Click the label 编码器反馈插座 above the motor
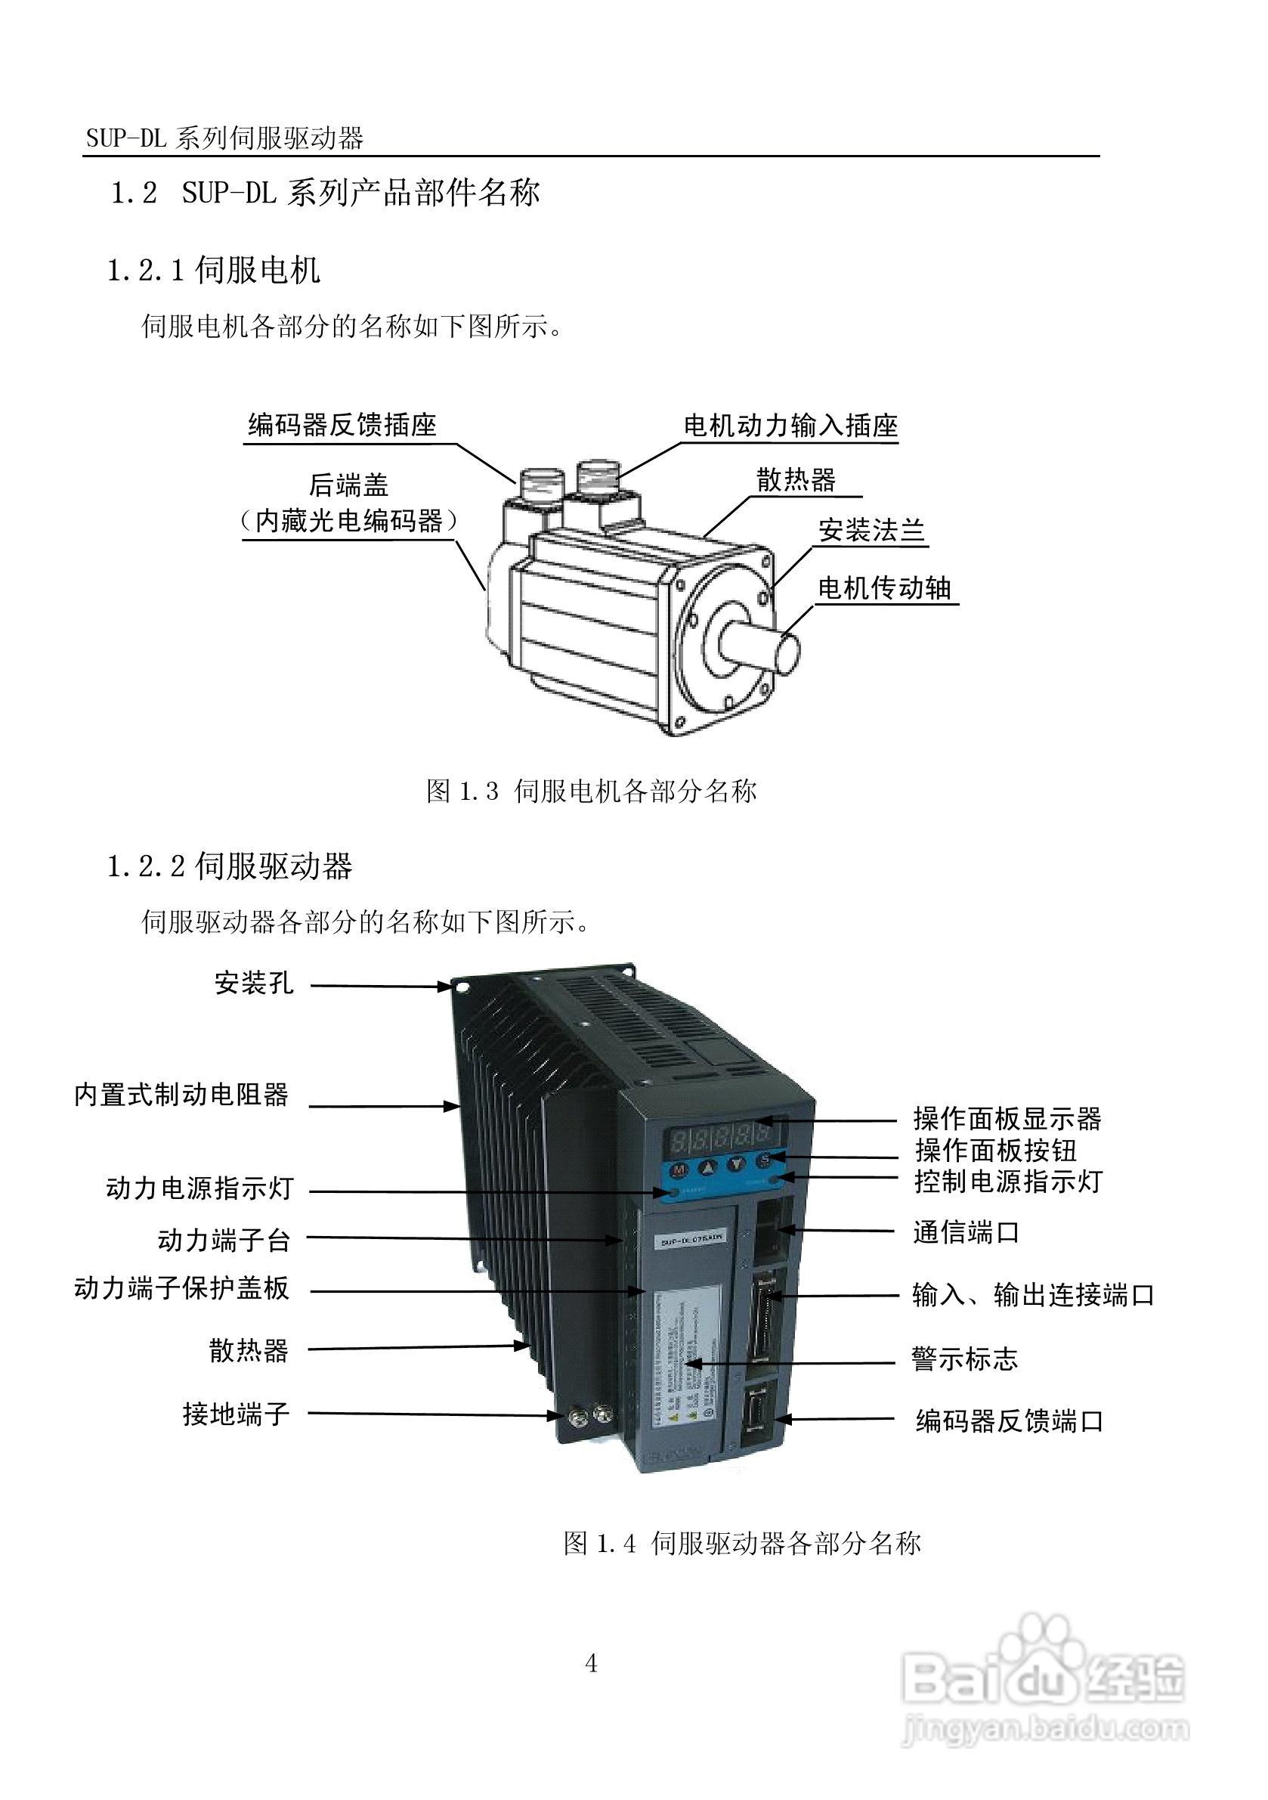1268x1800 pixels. point(342,425)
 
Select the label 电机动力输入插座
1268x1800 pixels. point(790,426)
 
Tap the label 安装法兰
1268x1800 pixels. point(871,531)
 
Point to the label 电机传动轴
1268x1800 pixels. point(884,588)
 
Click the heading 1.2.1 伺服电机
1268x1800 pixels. point(213,271)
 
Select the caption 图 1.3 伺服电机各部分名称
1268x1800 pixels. point(592,791)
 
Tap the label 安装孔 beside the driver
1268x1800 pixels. point(254,983)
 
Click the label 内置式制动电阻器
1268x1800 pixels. point(181,1095)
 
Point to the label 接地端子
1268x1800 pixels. point(236,1414)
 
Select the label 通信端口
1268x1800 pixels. point(966,1233)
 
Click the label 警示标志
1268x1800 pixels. point(964,1359)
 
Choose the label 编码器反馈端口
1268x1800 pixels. point(1010,1420)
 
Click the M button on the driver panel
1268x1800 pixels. point(679,1168)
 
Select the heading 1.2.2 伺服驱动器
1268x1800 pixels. point(230,866)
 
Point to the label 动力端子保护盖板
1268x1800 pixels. point(181,1288)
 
